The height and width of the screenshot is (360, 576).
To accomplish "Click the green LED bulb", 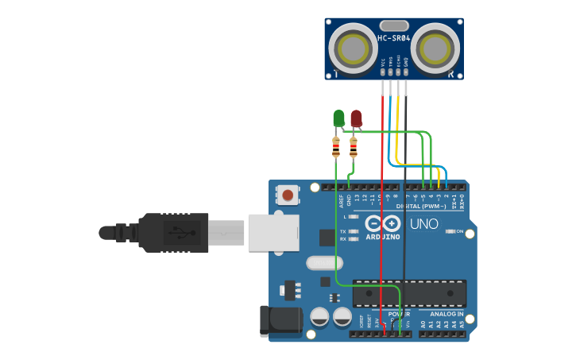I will [x=338, y=118].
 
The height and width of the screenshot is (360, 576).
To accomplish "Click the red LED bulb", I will [x=356, y=118].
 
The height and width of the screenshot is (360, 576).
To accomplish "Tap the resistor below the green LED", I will [x=336, y=147].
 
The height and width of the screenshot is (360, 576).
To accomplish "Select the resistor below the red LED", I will [x=354, y=147].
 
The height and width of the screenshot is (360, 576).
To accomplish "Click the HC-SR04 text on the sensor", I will [x=393, y=38].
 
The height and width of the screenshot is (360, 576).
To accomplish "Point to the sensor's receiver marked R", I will [x=435, y=49].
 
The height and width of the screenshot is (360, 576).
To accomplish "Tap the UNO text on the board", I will [x=423, y=224].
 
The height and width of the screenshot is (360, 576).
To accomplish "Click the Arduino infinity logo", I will [x=383, y=223].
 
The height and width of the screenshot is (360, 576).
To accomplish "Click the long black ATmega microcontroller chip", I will [x=408, y=293].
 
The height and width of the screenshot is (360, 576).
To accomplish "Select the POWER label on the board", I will [x=399, y=315].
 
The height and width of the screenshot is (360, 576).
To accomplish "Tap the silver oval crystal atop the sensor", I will [x=393, y=25].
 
